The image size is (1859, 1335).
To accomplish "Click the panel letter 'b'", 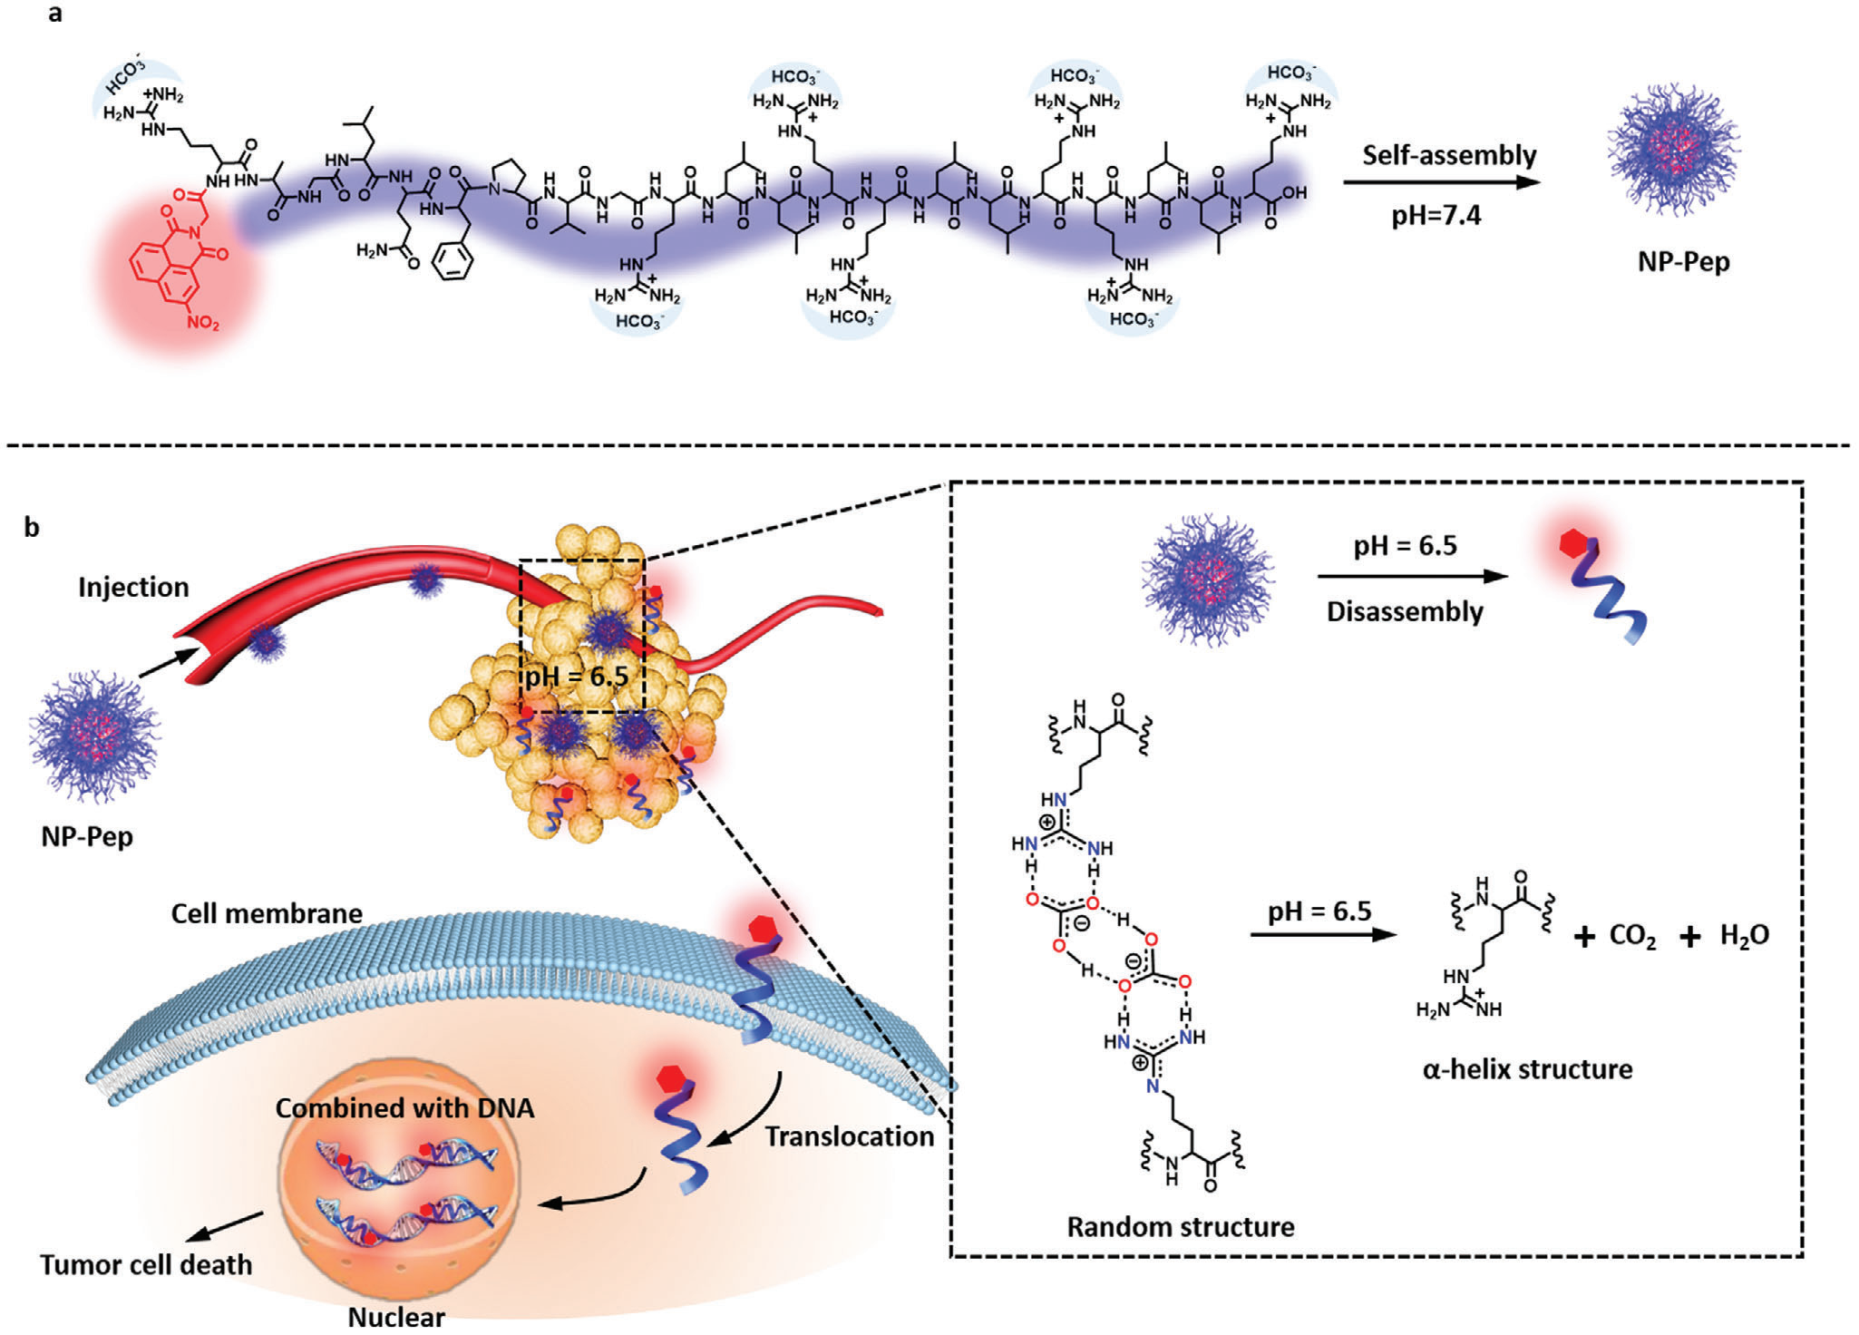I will pos(32,527).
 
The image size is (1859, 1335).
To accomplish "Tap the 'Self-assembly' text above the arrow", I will pos(1448,155).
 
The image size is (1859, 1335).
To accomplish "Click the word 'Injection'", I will pos(133,588).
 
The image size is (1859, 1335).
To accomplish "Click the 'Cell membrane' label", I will pos(267,913).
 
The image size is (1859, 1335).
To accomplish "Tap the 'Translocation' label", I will pos(849,1136).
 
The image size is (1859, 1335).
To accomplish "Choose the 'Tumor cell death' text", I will pos(146,1264).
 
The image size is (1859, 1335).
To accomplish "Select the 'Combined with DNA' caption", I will pos(404,1108).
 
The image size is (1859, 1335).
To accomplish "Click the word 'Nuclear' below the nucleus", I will pos(396,1317).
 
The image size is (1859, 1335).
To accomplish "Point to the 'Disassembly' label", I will pos(1404,611).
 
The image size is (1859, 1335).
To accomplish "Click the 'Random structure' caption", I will pos(1180,1227).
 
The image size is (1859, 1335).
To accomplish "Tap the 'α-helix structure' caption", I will pos(1527,1069).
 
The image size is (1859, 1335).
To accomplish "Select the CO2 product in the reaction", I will pos(1632,937).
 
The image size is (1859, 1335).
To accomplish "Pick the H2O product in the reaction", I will pos(1744,936).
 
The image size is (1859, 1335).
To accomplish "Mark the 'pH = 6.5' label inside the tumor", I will pos(577,677).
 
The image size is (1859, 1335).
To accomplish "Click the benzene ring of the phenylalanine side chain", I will pos(453,264).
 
